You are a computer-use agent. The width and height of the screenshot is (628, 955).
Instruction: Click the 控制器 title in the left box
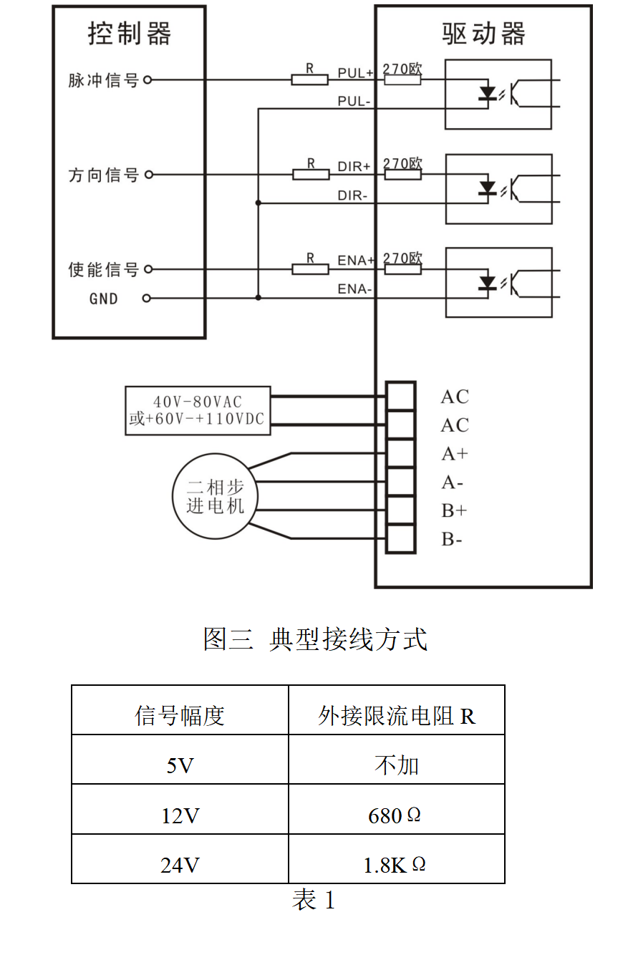coord(129,34)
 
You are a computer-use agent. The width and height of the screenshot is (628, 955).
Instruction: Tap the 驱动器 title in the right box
coord(483,34)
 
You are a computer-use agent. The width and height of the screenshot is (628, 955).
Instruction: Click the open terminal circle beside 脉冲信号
coord(148,80)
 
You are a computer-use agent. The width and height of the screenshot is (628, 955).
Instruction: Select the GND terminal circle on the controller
coord(148,299)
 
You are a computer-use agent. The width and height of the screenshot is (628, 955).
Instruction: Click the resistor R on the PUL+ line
coord(309,79)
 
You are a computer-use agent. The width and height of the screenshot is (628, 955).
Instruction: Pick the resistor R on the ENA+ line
coord(310,269)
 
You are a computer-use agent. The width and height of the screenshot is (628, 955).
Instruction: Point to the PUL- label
coord(354,102)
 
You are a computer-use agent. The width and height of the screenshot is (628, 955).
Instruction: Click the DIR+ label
coord(354,166)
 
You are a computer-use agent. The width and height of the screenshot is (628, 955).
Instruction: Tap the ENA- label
coord(354,290)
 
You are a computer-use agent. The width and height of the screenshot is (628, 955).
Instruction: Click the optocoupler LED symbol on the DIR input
coord(488,188)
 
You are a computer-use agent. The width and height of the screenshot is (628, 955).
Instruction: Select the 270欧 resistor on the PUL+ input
coord(402,79)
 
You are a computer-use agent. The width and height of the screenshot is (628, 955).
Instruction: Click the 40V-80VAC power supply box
coord(198,410)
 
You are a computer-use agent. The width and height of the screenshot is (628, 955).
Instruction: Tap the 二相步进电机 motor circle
coord(216,496)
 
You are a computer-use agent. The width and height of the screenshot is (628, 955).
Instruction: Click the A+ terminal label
coord(454,454)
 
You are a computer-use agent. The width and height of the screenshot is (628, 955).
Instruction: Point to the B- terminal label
coord(451,539)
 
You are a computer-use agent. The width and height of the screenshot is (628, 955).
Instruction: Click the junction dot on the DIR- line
coord(258,203)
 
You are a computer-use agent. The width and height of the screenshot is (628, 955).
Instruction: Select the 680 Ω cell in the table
coord(395,815)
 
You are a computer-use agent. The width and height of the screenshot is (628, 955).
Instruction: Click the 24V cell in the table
coord(180,866)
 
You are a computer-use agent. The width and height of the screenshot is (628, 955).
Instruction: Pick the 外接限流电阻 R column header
coord(396,715)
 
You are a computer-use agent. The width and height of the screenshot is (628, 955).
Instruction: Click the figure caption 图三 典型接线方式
coord(315,639)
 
